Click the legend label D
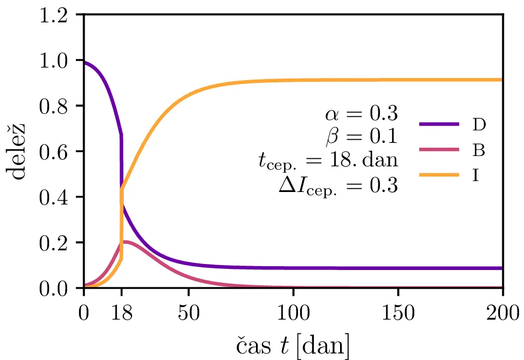(479, 124)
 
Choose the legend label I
(475, 176)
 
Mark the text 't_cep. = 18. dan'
(327, 161)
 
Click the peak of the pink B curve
(126, 241)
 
